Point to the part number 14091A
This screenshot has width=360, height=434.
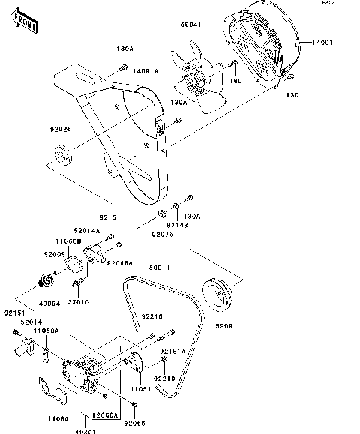pos(146,71)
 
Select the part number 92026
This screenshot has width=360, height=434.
pos(61,130)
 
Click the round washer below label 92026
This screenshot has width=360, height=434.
pos(61,159)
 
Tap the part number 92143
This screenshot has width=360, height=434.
pos(177,224)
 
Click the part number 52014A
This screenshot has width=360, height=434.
pos(87,231)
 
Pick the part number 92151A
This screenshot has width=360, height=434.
pos(172,351)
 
